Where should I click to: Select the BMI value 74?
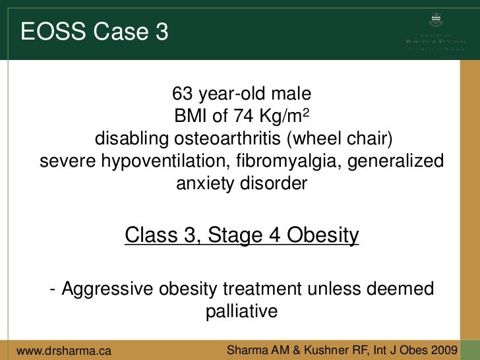(x=239, y=116)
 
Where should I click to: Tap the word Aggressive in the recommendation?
(x=100, y=289)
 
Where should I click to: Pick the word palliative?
(x=241, y=311)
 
